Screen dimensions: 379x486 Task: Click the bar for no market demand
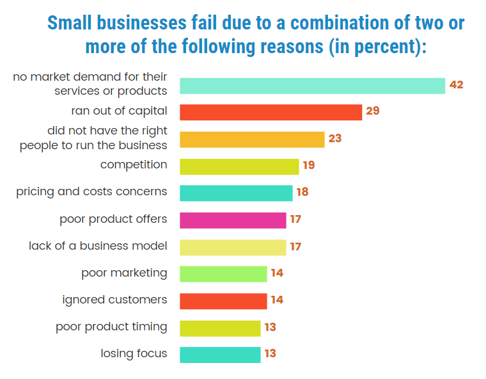[x=312, y=86]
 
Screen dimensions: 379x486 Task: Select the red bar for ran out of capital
[x=270, y=112]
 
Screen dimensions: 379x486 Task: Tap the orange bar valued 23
[x=252, y=140]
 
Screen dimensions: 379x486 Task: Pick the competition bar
[x=239, y=166]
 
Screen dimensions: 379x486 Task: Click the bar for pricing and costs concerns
[x=236, y=193]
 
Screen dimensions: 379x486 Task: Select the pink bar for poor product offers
[x=233, y=220]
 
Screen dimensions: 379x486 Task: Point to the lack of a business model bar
[x=233, y=247]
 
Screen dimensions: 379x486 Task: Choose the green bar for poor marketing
[x=223, y=274]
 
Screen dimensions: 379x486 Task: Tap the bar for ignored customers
[x=223, y=301]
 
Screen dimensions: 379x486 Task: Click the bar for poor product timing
[x=220, y=328]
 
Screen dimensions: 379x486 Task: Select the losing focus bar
[x=220, y=355]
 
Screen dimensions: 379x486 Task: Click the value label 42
[x=456, y=85]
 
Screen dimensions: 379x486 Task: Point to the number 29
[x=373, y=111]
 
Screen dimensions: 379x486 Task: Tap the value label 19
[x=309, y=166]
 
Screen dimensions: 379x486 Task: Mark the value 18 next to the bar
[x=302, y=193]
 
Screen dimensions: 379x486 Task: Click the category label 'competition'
[x=134, y=165]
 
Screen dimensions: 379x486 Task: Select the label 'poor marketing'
[x=124, y=273]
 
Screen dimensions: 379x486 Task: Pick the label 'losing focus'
[x=134, y=353]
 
